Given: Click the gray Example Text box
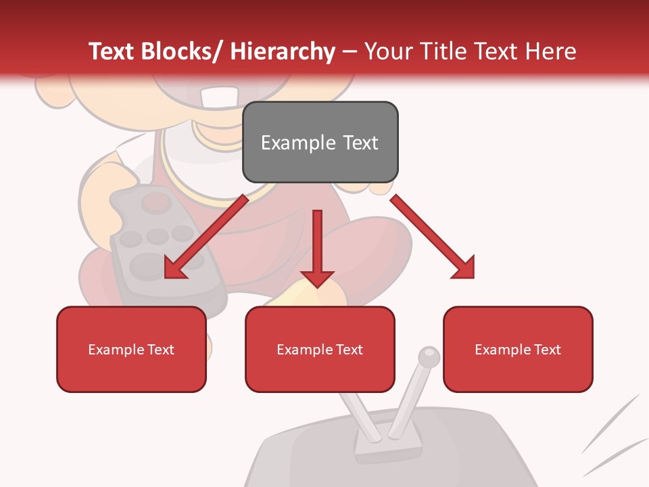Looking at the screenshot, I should pos(320,142).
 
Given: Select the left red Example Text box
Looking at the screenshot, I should pos(131,349).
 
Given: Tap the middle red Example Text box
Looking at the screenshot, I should pos(320,349).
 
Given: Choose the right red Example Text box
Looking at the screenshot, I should pos(518,349).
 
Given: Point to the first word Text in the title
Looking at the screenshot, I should pos(113,51).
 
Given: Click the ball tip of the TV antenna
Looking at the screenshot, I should pos(428,356).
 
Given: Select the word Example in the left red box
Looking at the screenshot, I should pos(116,350).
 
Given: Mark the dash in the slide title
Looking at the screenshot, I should pos(350,51).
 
